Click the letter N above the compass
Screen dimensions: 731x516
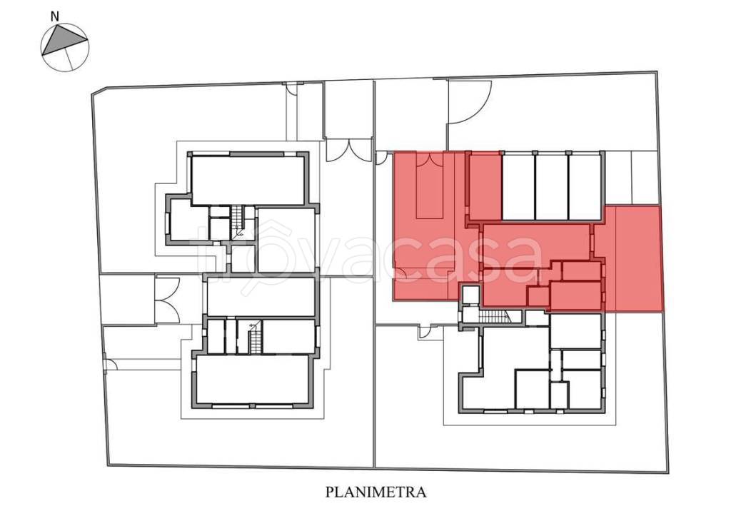coord(55,16)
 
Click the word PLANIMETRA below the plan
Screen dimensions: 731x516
coord(375,492)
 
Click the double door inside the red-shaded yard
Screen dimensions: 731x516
coord(430,159)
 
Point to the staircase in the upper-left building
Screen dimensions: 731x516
coord(238,222)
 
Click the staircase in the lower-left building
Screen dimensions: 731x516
coord(256,337)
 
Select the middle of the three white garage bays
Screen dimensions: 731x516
coord(552,187)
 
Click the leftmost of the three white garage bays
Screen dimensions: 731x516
coord(518,187)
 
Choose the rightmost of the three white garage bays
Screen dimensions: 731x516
coord(584,187)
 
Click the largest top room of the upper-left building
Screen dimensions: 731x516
coord(248,179)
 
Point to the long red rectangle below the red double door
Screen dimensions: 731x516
coord(429,193)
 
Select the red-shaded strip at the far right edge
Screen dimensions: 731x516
coord(639,258)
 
